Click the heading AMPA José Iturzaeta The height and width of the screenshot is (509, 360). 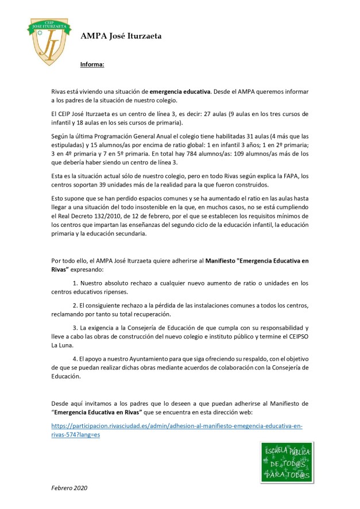coord(121,36)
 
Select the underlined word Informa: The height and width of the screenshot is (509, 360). coord(92,64)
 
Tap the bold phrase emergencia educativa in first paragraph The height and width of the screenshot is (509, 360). coord(180,91)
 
